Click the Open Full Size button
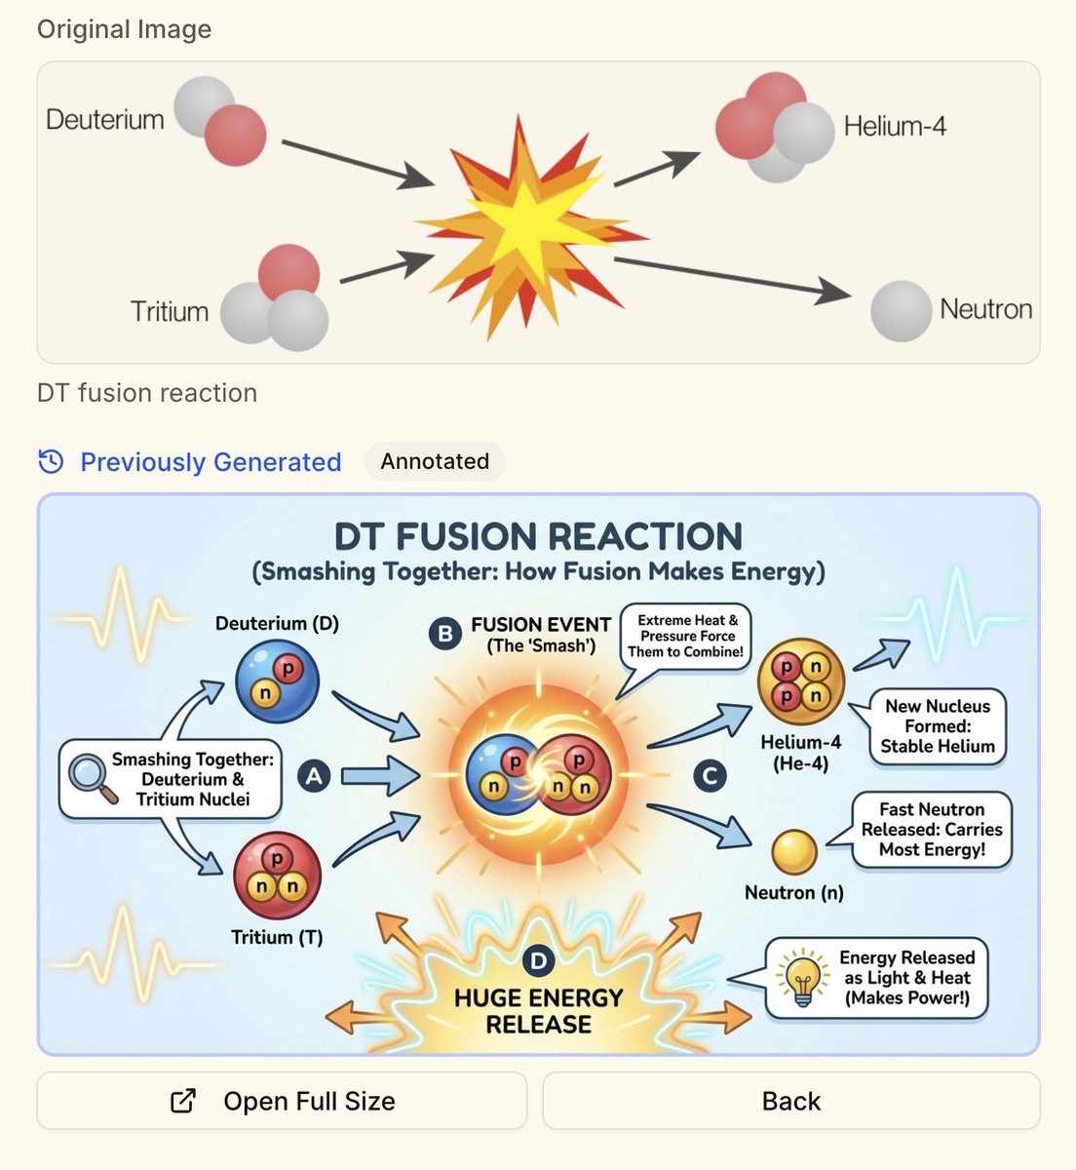coord(282,1101)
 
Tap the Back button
coord(790,1101)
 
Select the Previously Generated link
coord(210,462)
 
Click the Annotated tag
coord(435,461)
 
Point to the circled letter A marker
coord(314,776)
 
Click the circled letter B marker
coord(444,634)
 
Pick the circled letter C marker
coord(710,776)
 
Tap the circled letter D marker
coord(537,961)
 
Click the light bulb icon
coord(802,979)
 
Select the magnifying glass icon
coord(93,777)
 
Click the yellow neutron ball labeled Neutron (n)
coord(794,852)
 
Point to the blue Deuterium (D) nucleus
coord(277,681)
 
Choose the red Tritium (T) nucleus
coord(277,875)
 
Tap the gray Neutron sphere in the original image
coord(901,311)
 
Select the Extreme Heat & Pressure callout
coord(686,636)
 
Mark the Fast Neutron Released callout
coord(931,830)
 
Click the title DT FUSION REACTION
coord(538,536)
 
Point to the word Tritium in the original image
coord(170,312)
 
